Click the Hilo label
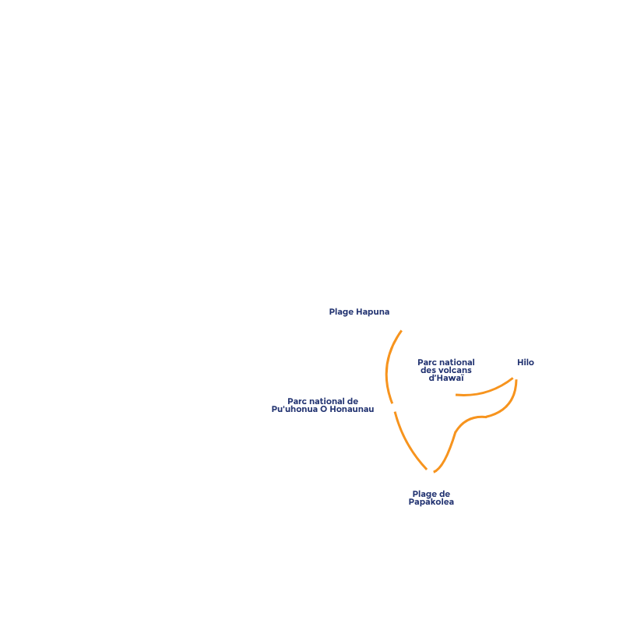[x=526, y=363]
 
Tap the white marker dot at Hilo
[x=516, y=375]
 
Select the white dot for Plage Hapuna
[x=403, y=327]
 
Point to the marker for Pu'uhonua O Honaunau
[x=393, y=407]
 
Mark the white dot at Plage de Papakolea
[x=429, y=472]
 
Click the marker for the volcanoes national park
[x=452, y=395]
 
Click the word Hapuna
[x=373, y=312]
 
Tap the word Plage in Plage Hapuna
[x=341, y=312]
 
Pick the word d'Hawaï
[x=446, y=378]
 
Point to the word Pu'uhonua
[x=295, y=410]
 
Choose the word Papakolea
[x=431, y=502]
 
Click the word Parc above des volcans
[x=427, y=363]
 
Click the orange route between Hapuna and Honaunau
[x=386, y=366]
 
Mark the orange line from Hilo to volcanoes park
[x=487, y=390]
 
